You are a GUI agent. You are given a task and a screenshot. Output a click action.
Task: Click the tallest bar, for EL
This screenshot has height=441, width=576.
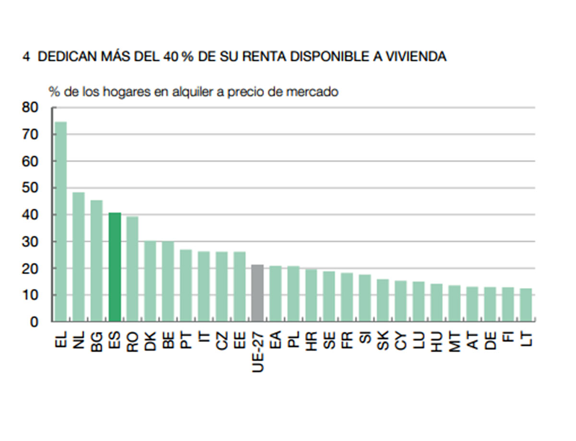pos(60,222)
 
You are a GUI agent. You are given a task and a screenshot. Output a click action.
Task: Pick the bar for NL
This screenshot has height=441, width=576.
pos(79,257)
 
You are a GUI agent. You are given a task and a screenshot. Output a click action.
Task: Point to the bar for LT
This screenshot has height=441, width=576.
pos(526,305)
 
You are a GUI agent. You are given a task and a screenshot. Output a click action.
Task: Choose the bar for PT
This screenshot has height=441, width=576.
pos(186,286)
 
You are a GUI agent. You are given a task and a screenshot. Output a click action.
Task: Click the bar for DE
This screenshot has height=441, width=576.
pos(490,304)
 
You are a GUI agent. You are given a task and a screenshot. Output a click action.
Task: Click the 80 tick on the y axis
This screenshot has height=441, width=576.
pos(30,108)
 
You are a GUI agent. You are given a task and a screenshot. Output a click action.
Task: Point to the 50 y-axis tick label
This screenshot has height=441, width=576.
pos(30,188)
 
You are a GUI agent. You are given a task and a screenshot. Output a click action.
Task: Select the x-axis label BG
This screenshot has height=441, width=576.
pos(96,342)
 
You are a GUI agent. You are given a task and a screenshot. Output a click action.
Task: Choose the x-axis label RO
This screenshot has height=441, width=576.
pos(132,342)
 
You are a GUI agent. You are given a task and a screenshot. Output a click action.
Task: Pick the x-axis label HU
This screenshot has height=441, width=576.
pos(436,342)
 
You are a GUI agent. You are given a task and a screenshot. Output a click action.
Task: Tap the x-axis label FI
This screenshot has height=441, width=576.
pos(508,339)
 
